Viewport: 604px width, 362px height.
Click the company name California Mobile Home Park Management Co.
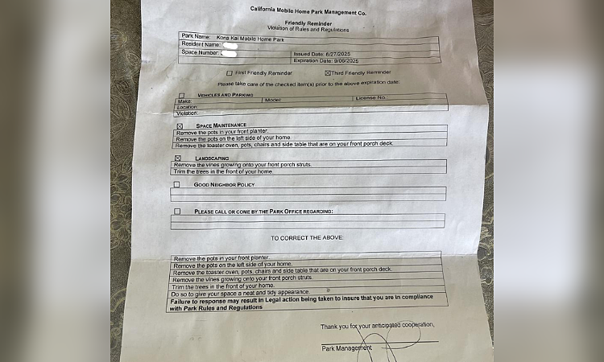coord(309,10)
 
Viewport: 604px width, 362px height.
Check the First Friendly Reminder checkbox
coord(230,72)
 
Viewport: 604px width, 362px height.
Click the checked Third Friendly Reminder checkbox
coord(328,72)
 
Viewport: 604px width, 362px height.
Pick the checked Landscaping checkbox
coord(177,158)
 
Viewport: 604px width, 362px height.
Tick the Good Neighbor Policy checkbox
coord(176,185)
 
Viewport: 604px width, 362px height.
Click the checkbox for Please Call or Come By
coord(176,212)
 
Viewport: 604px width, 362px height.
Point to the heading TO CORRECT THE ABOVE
coord(307,238)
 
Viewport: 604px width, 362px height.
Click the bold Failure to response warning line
coord(309,298)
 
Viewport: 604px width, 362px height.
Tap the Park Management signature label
coord(346,348)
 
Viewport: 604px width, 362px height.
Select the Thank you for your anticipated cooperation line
coord(376,326)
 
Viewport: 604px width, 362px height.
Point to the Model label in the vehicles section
coord(271,99)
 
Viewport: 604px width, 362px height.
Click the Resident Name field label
coord(202,45)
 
